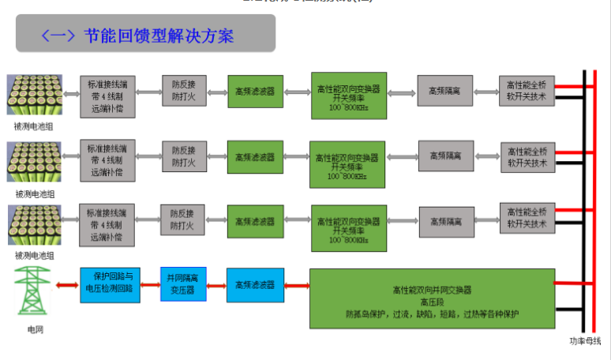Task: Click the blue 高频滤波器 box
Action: [x=254, y=284]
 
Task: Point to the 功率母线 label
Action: [x=585, y=340]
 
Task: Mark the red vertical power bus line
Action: [x=594, y=197]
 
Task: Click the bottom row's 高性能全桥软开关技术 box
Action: [x=527, y=218]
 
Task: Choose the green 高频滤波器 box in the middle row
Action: [x=254, y=156]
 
